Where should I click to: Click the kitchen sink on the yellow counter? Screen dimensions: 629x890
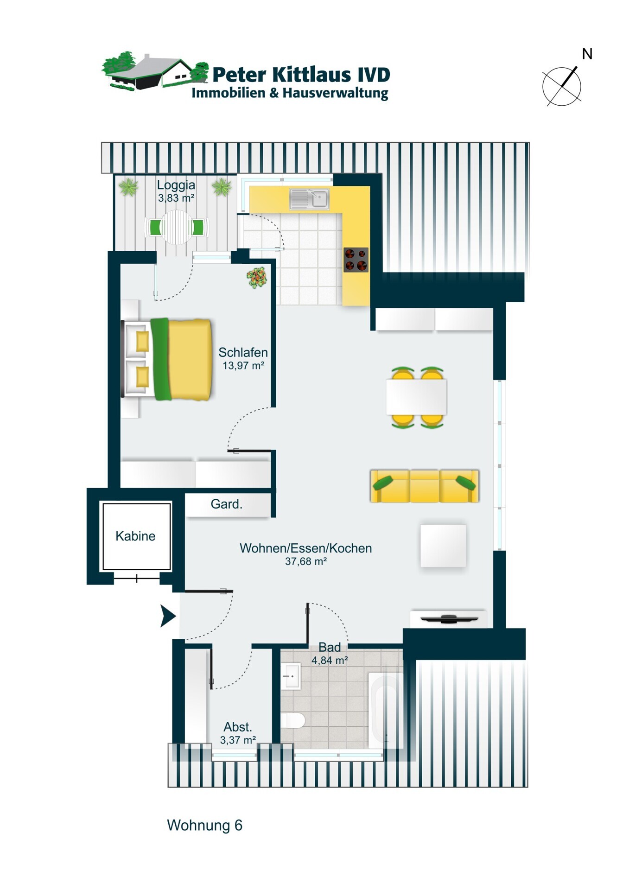tap(309, 198)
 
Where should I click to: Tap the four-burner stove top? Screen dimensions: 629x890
tap(356, 260)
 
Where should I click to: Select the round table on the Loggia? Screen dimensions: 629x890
tap(177, 227)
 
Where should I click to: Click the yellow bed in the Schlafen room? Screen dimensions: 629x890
tap(167, 359)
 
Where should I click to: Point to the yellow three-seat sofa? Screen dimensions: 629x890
tap(425, 486)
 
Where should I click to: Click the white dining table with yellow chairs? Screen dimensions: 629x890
tap(416, 397)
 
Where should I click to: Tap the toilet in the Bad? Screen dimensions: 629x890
tap(293, 720)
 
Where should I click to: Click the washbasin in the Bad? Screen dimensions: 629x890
tap(291, 676)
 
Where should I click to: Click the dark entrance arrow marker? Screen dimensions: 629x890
tap(168, 616)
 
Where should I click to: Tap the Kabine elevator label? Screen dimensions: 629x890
tap(135, 536)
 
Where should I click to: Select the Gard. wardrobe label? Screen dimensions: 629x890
tap(226, 504)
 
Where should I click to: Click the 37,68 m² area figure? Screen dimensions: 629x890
tap(306, 561)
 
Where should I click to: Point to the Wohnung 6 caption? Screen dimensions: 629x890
tap(204, 825)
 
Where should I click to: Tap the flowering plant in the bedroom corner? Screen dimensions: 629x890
tap(257, 277)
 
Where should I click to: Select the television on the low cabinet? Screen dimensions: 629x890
tap(449, 618)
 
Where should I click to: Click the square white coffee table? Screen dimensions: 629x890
tap(443, 546)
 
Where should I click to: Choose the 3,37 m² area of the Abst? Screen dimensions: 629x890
tap(238, 740)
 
